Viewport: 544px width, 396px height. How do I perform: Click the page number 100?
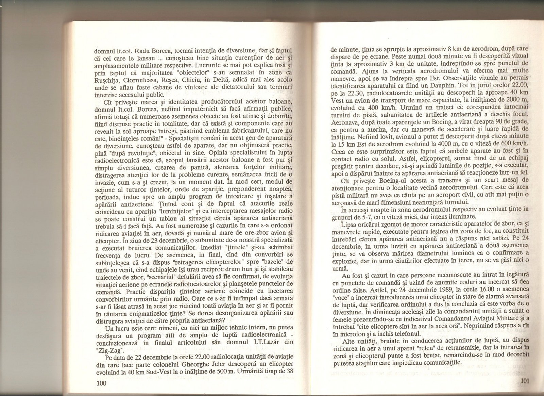pos(102,383)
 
